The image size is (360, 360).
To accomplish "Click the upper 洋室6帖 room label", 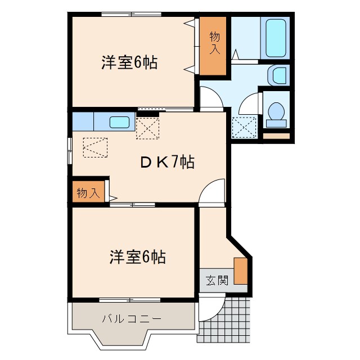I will (129, 62).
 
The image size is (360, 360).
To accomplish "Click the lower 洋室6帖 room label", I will (137, 257).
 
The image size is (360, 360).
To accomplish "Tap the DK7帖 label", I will (167, 162).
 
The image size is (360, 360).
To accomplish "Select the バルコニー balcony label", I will (132, 319).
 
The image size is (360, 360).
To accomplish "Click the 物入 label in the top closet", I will (215, 43).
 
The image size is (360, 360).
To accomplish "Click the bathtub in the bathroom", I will (276, 37).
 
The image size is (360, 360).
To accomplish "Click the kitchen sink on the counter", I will (119, 121).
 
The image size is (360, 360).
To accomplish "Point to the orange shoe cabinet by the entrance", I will (241, 271).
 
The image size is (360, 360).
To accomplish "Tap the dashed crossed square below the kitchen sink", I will (148, 127).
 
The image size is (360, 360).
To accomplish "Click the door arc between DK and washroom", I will (211, 100).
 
